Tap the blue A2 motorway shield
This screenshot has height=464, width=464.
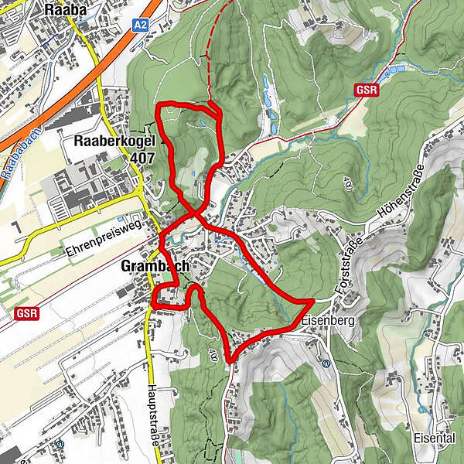139,26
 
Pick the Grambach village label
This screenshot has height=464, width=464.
155,267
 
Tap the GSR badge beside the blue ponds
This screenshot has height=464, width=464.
366,90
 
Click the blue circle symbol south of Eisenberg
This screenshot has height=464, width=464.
326,363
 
